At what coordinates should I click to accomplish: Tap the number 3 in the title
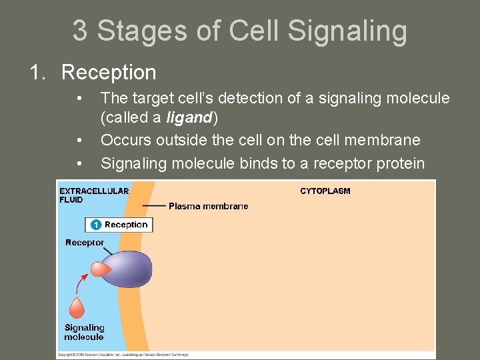pos(80,31)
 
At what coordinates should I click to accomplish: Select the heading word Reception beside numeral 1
pos(109,72)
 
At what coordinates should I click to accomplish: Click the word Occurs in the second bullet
pos(125,140)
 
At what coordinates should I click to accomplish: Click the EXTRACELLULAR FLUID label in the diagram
pos(93,195)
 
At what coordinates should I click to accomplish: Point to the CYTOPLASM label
pos(325,191)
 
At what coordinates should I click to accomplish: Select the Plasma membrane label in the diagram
pos(208,206)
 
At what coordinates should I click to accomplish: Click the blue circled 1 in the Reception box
pos(96,225)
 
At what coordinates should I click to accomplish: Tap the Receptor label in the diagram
pos(85,243)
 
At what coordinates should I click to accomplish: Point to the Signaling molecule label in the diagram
pos(84,332)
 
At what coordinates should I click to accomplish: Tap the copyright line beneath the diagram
pos(123,355)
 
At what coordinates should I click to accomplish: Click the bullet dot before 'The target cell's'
pos(79,99)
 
